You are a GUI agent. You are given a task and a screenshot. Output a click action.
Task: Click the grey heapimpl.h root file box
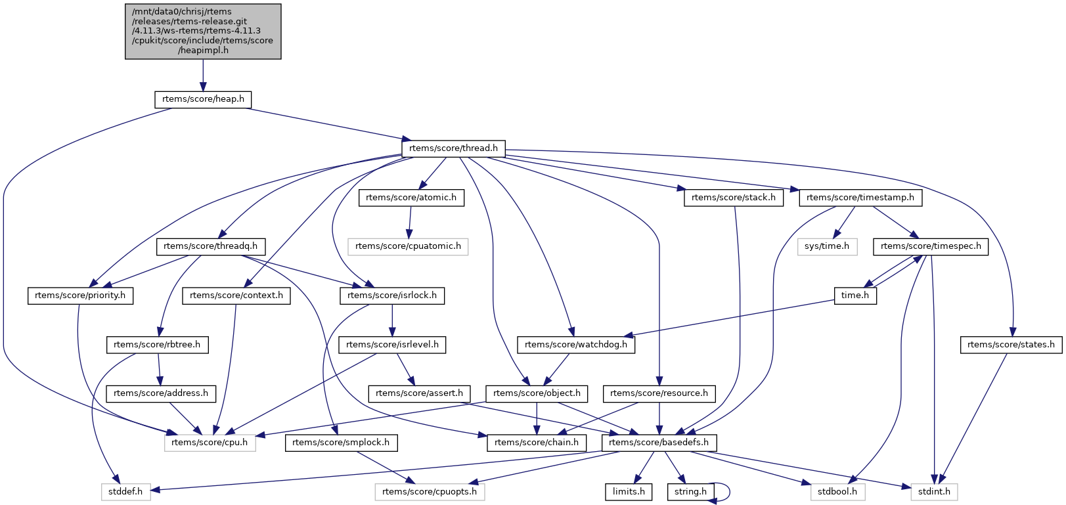point(203,31)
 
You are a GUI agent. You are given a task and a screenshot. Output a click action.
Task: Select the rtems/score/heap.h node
point(203,99)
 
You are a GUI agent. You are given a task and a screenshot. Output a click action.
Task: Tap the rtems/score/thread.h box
point(453,148)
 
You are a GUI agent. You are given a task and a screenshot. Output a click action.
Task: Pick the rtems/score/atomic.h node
point(411,198)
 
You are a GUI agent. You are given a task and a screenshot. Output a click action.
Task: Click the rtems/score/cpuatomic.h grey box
point(408,246)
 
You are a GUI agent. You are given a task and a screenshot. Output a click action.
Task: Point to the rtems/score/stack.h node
point(733,198)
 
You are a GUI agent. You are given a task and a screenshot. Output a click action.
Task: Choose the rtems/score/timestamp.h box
point(860,198)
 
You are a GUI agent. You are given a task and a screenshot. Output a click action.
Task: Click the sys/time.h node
point(827,246)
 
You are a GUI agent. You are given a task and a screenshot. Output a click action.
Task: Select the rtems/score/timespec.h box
point(931,246)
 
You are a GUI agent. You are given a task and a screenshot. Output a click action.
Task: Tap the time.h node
point(855,296)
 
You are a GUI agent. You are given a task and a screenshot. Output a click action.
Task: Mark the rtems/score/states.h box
point(1011,345)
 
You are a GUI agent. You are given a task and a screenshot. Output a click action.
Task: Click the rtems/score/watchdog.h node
point(576,345)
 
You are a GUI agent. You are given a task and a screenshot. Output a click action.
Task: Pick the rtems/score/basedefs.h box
point(659,443)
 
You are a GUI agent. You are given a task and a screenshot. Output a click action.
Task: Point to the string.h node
point(690,492)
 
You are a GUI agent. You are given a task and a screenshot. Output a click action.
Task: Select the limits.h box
point(629,492)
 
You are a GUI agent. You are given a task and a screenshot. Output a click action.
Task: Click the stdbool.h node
point(836,492)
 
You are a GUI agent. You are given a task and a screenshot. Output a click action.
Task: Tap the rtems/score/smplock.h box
point(341,443)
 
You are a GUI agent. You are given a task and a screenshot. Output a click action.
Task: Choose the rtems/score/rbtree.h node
point(157,345)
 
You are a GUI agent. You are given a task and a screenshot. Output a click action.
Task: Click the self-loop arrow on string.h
point(728,492)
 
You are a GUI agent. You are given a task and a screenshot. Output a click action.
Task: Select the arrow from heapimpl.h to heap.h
point(203,76)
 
